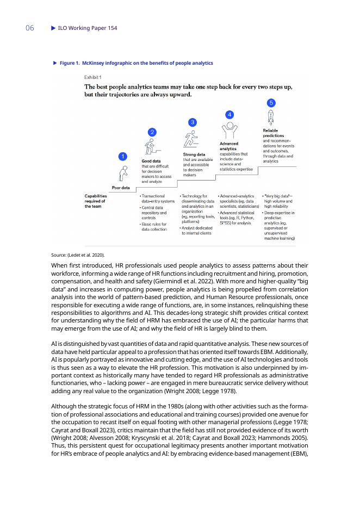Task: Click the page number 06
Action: [x=30, y=28]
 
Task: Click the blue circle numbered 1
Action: [x=123, y=157]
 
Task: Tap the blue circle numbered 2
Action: [x=153, y=132]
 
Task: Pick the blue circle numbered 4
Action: [x=230, y=114]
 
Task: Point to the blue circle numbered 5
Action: [x=271, y=103]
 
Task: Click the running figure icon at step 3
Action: [x=190, y=138]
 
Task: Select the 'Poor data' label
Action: [x=121, y=188]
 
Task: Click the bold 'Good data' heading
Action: [x=151, y=161]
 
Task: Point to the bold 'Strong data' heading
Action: [x=194, y=155]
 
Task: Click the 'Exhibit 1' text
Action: [x=92, y=77]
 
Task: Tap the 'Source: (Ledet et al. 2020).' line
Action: [x=78, y=254]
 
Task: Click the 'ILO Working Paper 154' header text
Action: [x=88, y=28]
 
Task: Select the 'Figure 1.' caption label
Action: [x=70, y=64]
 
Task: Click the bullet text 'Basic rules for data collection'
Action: [x=155, y=227]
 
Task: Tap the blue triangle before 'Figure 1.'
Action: [x=54, y=64]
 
